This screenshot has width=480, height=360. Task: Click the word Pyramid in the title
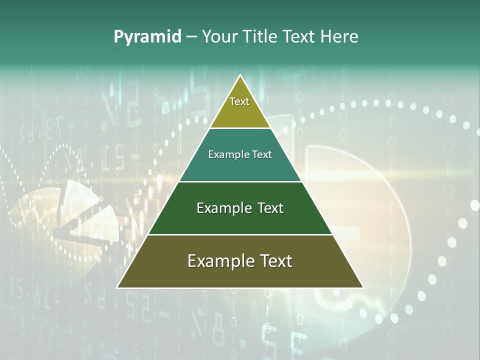(147, 37)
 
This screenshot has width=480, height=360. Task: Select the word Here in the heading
(339, 37)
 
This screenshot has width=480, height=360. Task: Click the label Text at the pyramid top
(239, 101)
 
